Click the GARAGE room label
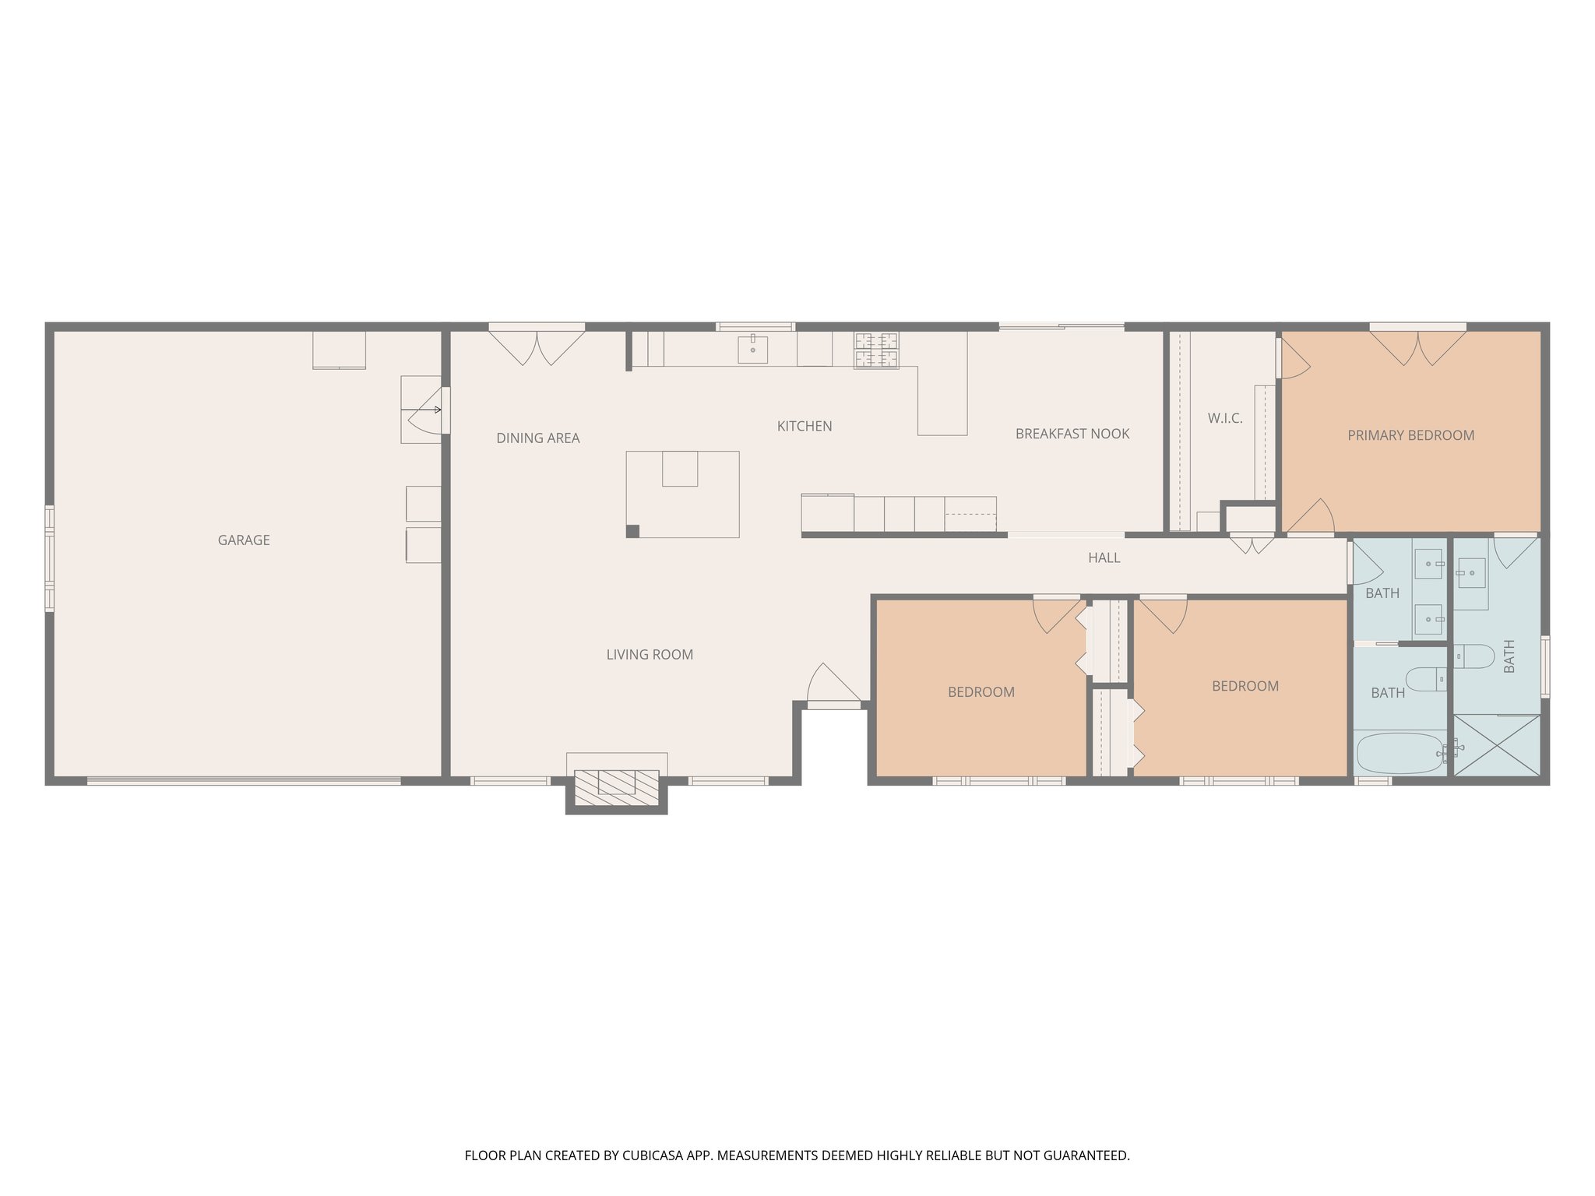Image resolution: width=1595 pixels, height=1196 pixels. click(x=244, y=540)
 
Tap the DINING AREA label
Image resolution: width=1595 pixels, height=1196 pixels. click(x=538, y=438)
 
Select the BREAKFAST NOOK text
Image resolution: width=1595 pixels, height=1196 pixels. click(x=1072, y=434)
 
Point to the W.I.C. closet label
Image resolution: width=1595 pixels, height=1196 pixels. click(x=1225, y=419)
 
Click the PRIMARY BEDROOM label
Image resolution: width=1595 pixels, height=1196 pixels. click(x=1410, y=435)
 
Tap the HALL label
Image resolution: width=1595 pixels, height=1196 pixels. click(x=1104, y=558)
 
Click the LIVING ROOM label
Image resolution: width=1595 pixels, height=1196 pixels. click(x=650, y=655)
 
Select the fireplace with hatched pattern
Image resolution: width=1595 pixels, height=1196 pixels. click(x=617, y=787)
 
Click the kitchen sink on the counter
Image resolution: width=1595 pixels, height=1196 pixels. click(x=752, y=350)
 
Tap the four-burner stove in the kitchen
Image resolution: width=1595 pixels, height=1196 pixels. click(x=876, y=350)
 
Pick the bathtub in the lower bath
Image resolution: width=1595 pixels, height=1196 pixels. click(x=1400, y=752)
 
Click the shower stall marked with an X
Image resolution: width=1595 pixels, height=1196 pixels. click(x=1497, y=745)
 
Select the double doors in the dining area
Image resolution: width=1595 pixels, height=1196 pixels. click(x=537, y=347)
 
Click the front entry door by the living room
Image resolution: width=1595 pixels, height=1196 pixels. click(x=833, y=685)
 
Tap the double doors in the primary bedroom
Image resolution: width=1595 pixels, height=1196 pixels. click(x=1417, y=347)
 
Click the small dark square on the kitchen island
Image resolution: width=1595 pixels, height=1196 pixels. click(x=632, y=531)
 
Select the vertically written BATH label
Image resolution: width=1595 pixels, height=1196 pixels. click(x=1509, y=656)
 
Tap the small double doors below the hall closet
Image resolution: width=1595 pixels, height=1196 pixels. click(x=1252, y=544)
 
